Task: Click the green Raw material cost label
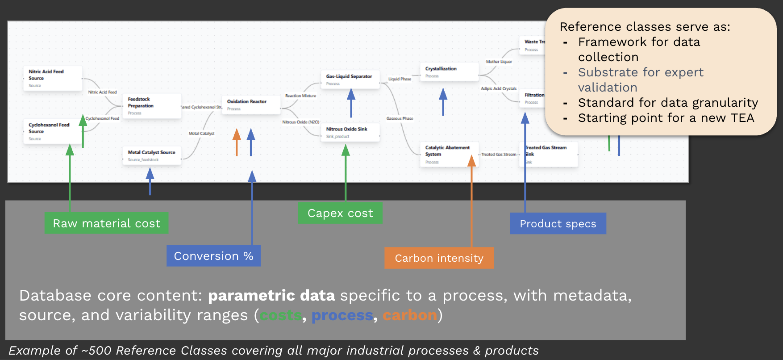click(x=106, y=223)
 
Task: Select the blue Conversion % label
click(x=213, y=256)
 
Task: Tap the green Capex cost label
click(x=340, y=213)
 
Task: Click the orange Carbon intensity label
click(x=439, y=258)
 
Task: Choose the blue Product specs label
click(x=558, y=224)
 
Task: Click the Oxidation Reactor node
click(x=251, y=105)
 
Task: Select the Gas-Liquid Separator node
click(x=350, y=80)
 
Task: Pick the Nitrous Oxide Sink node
click(x=350, y=132)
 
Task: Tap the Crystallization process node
click(x=449, y=72)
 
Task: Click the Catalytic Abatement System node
click(x=449, y=154)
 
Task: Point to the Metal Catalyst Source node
click(x=152, y=155)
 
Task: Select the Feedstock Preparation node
click(x=152, y=106)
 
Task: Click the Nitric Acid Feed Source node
click(x=53, y=78)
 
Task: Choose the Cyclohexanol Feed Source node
click(x=53, y=131)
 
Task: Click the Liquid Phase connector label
click(x=400, y=79)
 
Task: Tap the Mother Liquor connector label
click(x=499, y=62)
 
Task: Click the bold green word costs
click(x=281, y=315)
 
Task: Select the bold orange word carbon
click(x=409, y=315)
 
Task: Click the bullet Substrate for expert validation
click(x=640, y=80)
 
